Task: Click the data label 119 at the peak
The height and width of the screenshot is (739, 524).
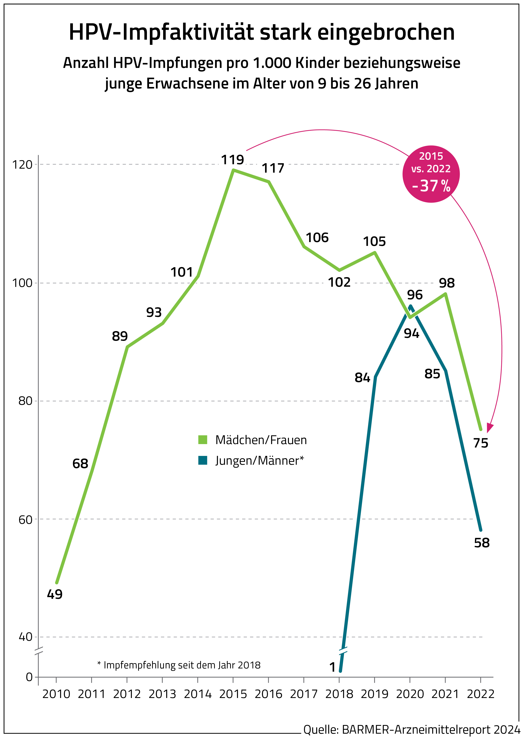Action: (x=232, y=160)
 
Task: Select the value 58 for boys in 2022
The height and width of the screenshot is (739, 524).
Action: (x=481, y=543)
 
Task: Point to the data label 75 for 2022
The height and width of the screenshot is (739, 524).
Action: (x=480, y=443)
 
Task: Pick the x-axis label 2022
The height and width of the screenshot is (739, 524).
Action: (x=480, y=694)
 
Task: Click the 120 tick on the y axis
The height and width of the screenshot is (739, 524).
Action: (x=22, y=165)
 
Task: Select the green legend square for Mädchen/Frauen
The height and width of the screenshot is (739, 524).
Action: (x=203, y=439)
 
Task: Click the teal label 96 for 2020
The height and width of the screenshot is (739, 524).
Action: (x=415, y=295)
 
